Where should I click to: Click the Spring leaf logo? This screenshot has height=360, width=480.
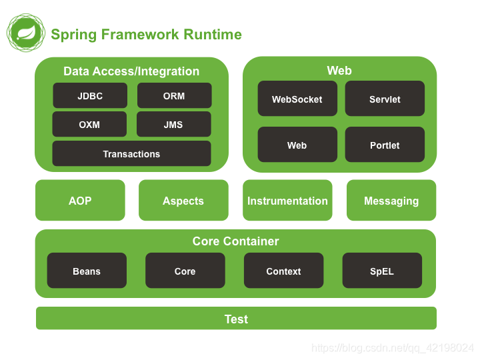click(26, 33)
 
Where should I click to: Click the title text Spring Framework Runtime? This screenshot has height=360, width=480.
click(146, 35)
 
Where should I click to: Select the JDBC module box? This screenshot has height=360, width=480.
click(90, 96)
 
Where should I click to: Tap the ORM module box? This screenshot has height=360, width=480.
click(174, 96)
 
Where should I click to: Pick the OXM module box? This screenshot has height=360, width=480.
click(89, 125)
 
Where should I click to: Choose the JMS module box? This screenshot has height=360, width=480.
click(173, 125)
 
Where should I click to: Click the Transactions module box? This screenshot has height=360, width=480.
click(131, 154)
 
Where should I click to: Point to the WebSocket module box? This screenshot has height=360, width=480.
click(297, 99)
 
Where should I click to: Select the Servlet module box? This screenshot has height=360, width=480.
click(385, 99)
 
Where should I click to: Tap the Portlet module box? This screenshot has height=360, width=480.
click(385, 145)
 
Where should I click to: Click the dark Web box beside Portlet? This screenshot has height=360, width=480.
click(297, 145)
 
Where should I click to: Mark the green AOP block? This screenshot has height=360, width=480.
click(80, 201)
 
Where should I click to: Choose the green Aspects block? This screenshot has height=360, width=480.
click(183, 201)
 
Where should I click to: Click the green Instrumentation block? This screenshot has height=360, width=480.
click(287, 201)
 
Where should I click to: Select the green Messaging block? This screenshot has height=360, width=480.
click(391, 201)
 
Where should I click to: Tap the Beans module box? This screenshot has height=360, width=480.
click(87, 271)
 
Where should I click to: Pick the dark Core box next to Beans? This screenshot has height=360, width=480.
click(185, 271)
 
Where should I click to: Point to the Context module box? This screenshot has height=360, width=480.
click(283, 271)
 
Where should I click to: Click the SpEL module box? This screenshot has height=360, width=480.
click(382, 271)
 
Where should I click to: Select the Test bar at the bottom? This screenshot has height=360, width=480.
click(236, 319)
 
